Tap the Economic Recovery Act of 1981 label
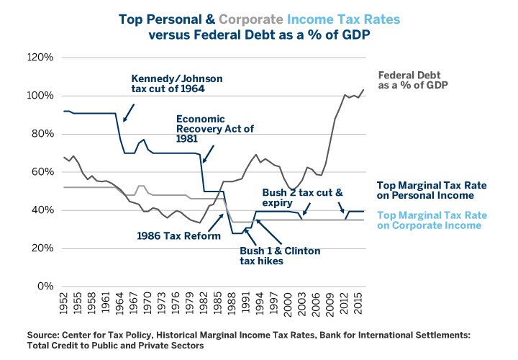209,130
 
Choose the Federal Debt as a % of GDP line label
413,79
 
